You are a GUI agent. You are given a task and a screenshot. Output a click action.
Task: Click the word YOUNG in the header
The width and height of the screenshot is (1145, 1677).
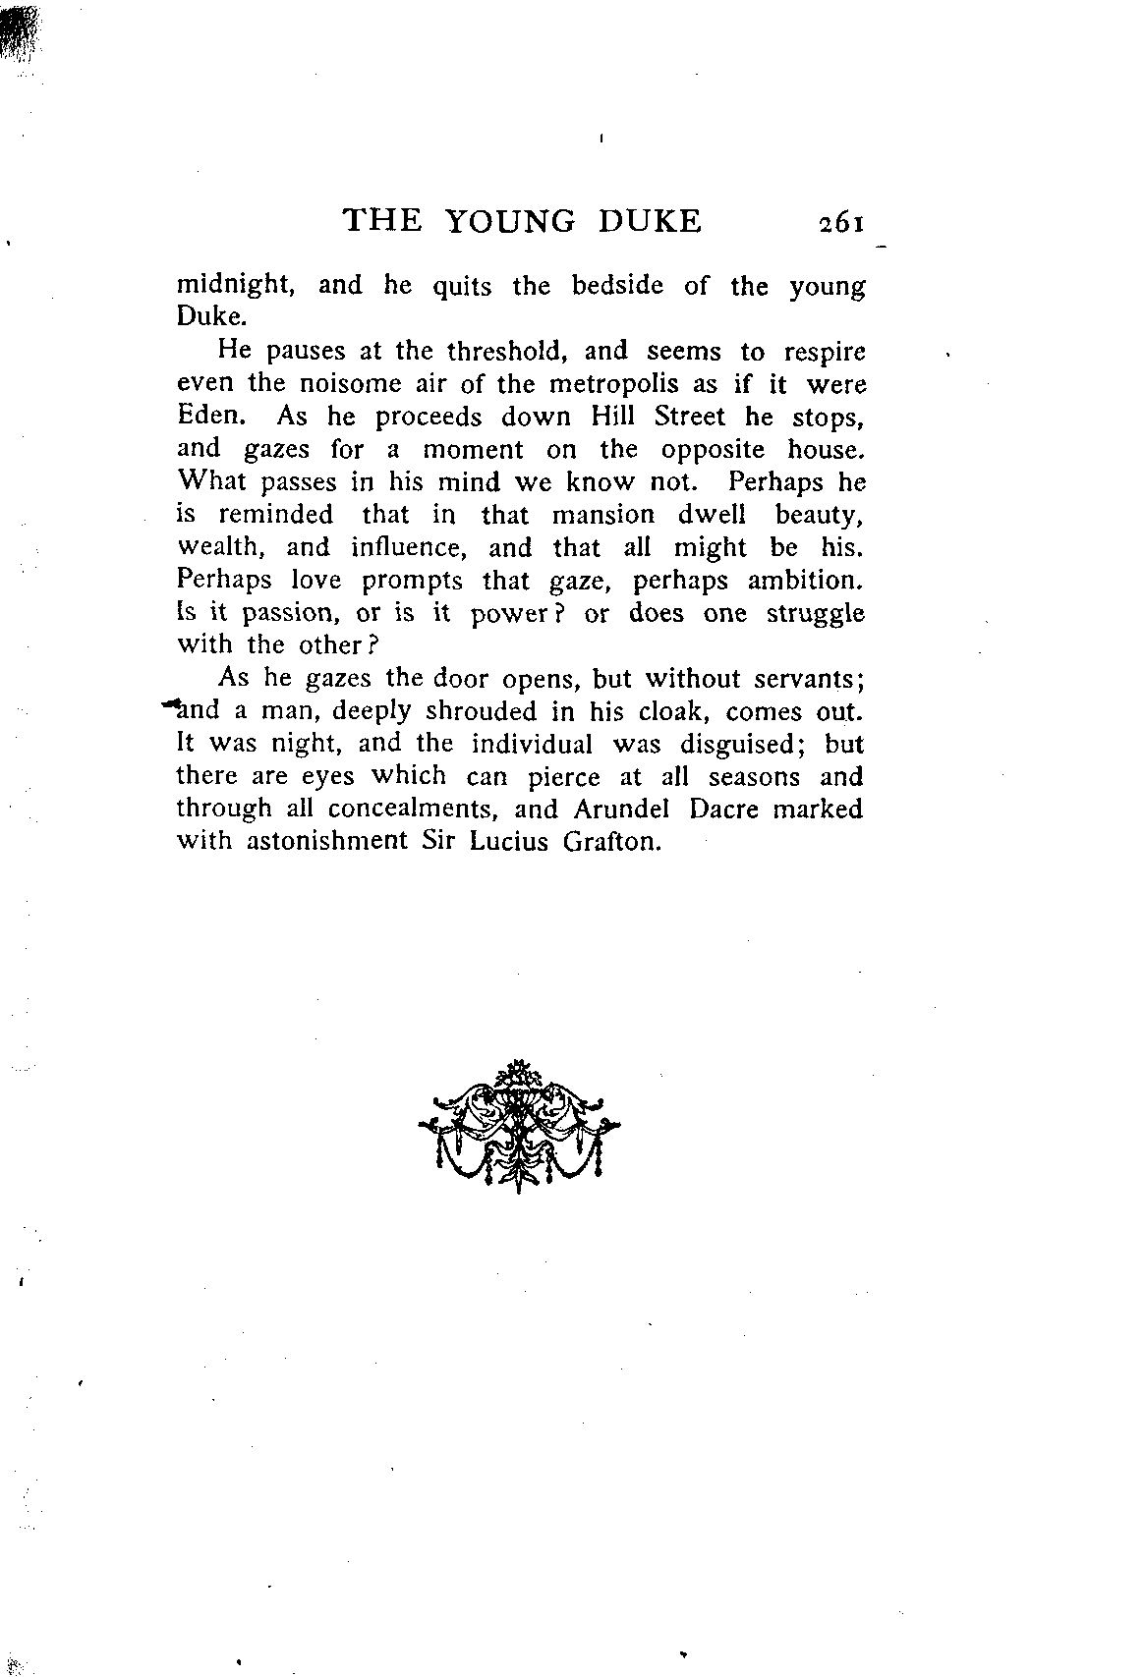click(510, 221)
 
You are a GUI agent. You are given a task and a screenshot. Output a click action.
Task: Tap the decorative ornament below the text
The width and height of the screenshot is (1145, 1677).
click(518, 1125)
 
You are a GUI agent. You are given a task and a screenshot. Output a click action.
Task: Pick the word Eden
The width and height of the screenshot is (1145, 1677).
click(207, 417)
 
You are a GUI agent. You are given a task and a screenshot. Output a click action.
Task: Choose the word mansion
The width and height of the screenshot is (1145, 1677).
click(602, 515)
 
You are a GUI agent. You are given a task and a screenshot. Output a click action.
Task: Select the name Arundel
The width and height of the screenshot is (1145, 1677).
click(615, 809)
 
